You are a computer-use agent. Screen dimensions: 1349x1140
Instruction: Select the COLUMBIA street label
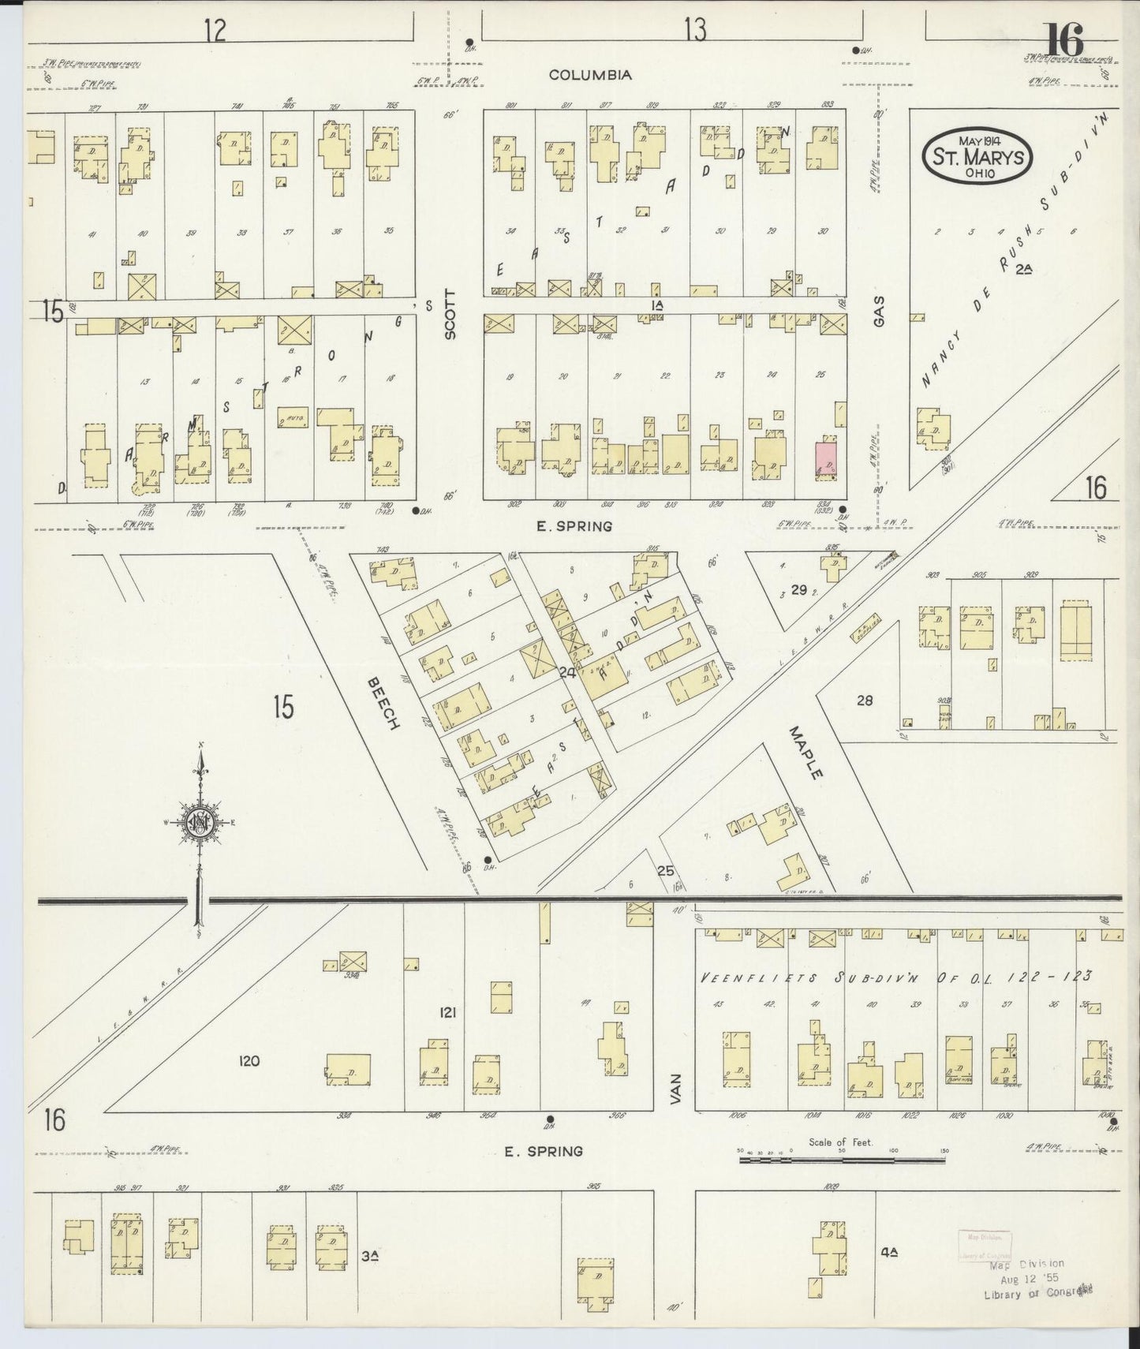pyautogui.click(x=590, y=75)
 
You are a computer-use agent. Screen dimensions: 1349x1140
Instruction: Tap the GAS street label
pyautogui.click(x=879, y=311)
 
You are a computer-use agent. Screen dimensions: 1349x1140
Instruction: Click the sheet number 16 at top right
pyautogui.click(x=1064, y=39)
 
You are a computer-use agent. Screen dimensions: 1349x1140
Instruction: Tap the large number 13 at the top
pyautogui.click(x=695, y=30)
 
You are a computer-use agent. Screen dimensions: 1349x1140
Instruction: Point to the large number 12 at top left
pyautogui.click(x=215, y=30)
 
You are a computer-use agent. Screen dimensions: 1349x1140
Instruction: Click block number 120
pyautogui.click(x=249, y=1061)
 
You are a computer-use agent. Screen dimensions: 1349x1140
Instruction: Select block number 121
pyautogui.click(x=448, y=1011)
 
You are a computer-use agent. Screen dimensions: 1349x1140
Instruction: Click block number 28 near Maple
pyautogui.click(x=865, y=700)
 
